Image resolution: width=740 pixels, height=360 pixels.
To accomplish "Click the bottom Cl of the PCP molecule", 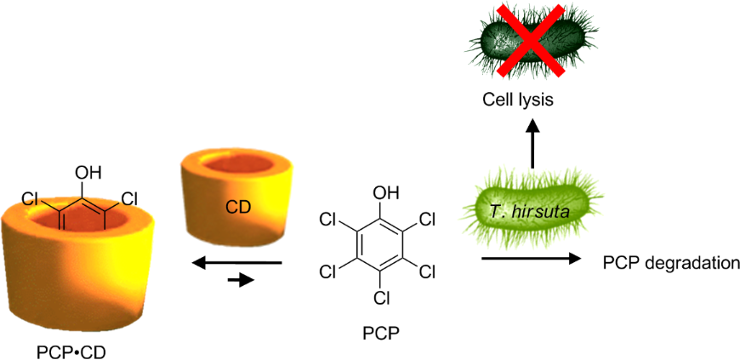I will point(382,298).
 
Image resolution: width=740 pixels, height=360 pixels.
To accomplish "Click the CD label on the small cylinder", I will point(239,206).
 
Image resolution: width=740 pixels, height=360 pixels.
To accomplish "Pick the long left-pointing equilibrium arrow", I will point(236,264).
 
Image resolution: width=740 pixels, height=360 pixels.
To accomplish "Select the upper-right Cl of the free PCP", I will point(427,220).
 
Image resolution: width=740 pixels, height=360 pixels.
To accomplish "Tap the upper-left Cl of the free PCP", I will point(328,220).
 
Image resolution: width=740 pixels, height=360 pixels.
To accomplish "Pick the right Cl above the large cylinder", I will point(130,199).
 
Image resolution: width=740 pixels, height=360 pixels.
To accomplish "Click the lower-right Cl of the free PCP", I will point(427,272).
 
